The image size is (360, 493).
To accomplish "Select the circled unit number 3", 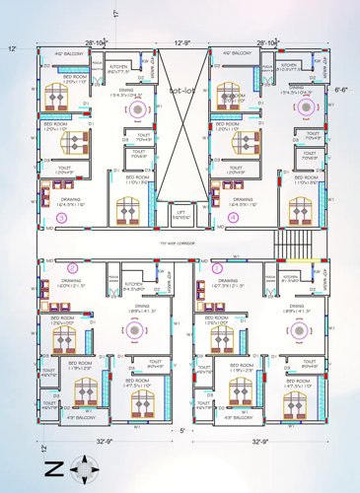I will point(62,217).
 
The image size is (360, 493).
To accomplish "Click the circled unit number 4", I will point(234,217).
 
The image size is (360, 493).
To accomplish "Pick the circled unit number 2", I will point(71,266).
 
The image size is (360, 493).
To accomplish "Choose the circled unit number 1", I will point(218,266).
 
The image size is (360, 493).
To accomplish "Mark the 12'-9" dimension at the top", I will point(183,43).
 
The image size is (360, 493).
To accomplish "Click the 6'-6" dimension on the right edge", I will point(342,88).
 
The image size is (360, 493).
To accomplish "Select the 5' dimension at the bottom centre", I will point(180,431).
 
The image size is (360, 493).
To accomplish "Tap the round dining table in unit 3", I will point(134,111).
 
